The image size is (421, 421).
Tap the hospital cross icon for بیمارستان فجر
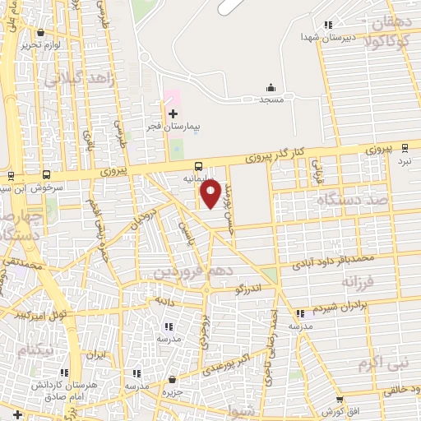pyautogui.click(x=173, y=113)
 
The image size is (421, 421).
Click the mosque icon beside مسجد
pyautogui.click(x=271, y=87)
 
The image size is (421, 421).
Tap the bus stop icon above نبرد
pyautogui.click(x=404, y=148)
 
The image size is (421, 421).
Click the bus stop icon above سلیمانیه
pyautogui.click(x=199, y=165)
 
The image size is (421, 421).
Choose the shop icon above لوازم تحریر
pyautogui.click(x=40, y=32)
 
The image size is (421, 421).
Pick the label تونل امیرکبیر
pyautogui.click(x=41, y=313)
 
